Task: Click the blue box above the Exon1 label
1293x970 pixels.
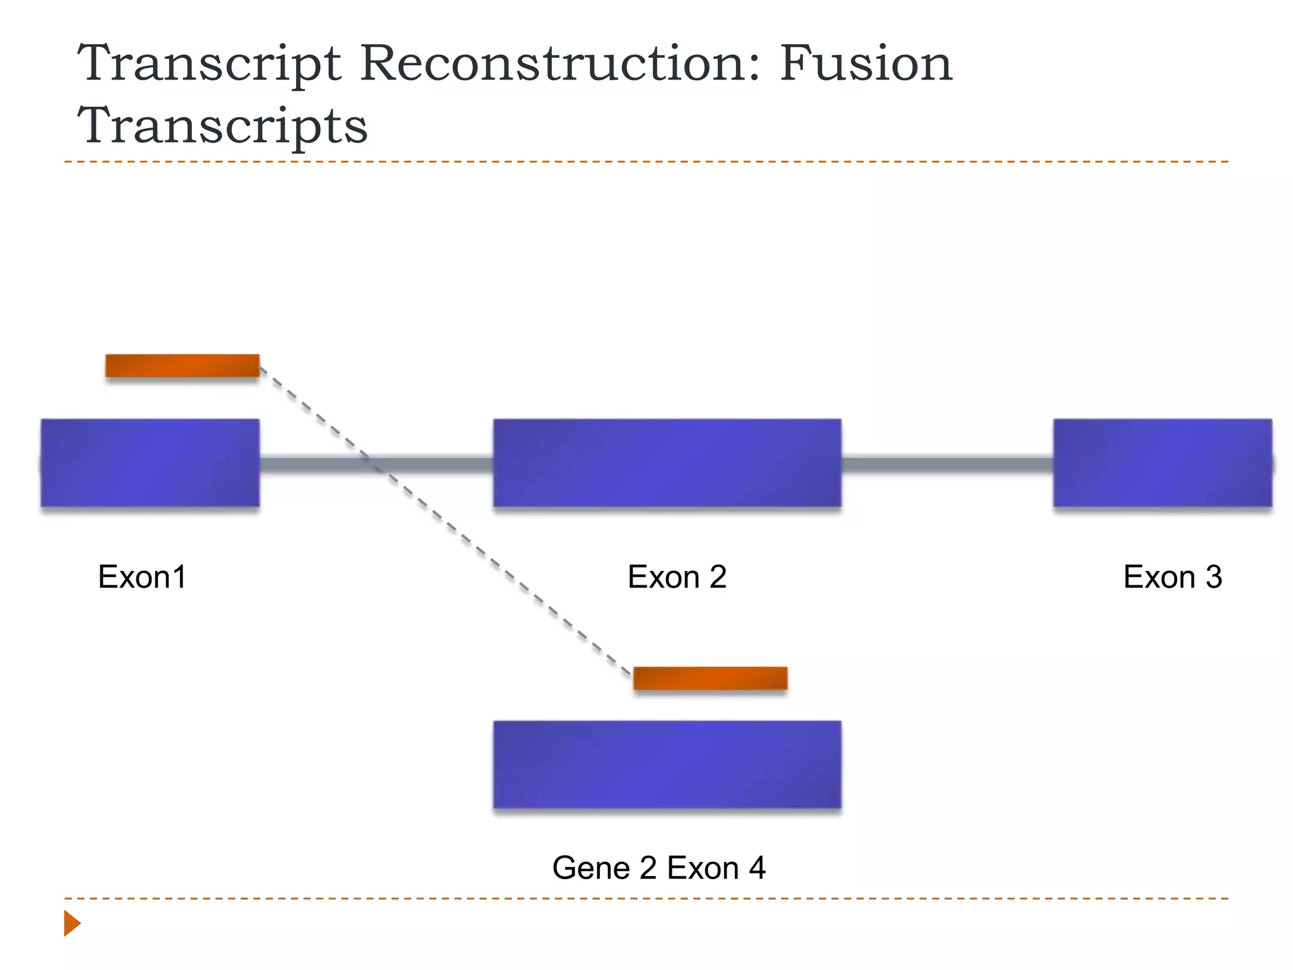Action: tap(150, 462)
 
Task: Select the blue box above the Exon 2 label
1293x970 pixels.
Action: tap(667, 462)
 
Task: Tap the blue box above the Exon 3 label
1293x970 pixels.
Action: tap(1162, 462)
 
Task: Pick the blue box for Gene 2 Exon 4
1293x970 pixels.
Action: tap(667, 764)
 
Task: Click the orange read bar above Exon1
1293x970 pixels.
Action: tap(182, 366)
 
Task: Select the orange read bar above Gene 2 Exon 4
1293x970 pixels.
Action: tap(710, 678)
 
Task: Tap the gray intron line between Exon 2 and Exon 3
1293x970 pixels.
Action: tap(947, 465)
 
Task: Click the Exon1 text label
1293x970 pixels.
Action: tap(142, 577)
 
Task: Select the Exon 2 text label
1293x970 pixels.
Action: tap(677, 577)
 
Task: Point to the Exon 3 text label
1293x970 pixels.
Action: tap(1172, 577)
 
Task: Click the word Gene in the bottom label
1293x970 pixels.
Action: tap(591, 868)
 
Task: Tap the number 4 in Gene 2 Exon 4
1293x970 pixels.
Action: tap(757, 868)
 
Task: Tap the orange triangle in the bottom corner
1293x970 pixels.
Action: tap(72, 923)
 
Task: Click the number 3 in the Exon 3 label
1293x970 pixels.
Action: tap(1214, 577)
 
